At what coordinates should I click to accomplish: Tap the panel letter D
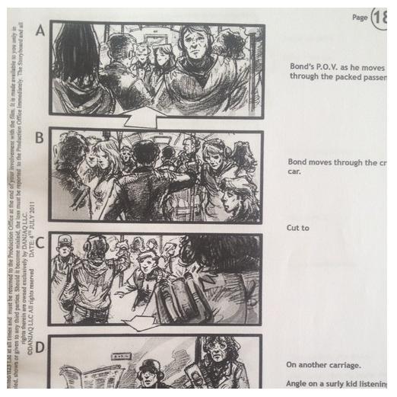pyautogui.click(x=40, y=346)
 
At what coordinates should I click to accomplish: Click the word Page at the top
pyautogui.click(x=360, y=18)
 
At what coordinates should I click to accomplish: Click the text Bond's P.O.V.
pyautogui.click(x=318, y=66)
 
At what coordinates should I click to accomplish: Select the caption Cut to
pyautogui.click(x=298, y=228)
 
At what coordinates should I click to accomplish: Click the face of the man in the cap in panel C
pyautogui.click(x=65, y=251)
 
